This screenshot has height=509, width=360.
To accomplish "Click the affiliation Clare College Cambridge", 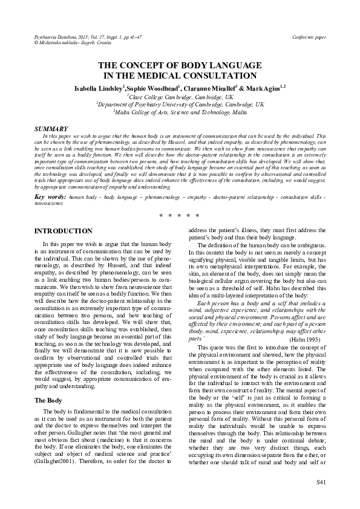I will (180, 96).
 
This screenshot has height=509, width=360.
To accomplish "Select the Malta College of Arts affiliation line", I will (180, 112).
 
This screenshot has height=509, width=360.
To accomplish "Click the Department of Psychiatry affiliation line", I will (180, 104).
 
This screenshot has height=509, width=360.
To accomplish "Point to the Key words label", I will (50, 197).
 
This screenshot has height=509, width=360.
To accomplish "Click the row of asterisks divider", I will (180, 215).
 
